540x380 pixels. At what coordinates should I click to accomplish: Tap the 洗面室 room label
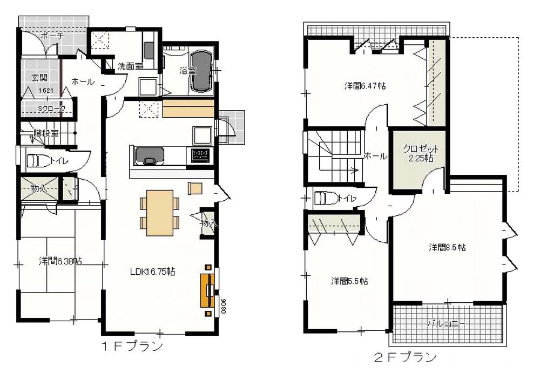click(130, 66)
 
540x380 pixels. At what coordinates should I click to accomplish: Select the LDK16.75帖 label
click(152, 272)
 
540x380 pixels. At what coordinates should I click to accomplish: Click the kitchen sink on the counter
click(148, 155)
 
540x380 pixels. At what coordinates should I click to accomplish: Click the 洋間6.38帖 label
click(60, 261)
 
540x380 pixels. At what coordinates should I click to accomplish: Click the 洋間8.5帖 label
click(448, 247)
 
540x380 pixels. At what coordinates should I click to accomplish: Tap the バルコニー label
click(445, 324)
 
